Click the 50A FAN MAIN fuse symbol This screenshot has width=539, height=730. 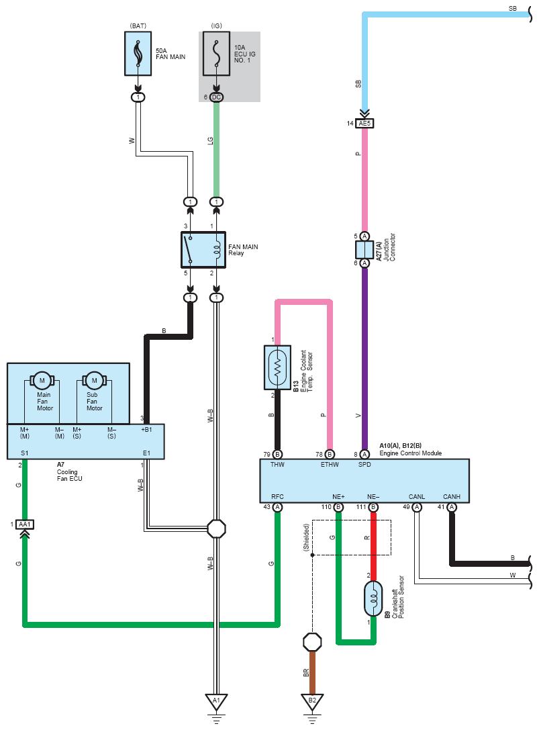click(138, 54)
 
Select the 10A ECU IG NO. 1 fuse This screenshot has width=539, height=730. click(216, 54)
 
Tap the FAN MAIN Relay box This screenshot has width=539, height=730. click(203, 250)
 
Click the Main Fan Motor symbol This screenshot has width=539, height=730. click(42, 381)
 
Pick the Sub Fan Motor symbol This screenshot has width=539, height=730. click(94, 381)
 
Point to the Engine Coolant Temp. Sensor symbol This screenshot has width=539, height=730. click(277, 367)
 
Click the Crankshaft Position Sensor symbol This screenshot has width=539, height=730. click(373, 598)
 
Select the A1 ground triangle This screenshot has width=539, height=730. click(216, 701)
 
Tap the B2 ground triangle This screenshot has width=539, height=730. click(312, 701)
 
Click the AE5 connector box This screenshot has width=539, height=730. click(364, 124)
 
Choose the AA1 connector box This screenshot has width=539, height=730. click(25, 524)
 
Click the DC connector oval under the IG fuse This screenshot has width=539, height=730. click(216, 97)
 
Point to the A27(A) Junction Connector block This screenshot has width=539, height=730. click(364, 250)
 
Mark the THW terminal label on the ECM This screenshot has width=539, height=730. click(277, 465)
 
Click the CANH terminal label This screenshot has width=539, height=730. click(452, 497)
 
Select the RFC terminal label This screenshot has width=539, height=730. click(277, 497)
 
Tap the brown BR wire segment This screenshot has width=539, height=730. click(312, 672)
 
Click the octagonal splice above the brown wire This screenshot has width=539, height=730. click(312, 642)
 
